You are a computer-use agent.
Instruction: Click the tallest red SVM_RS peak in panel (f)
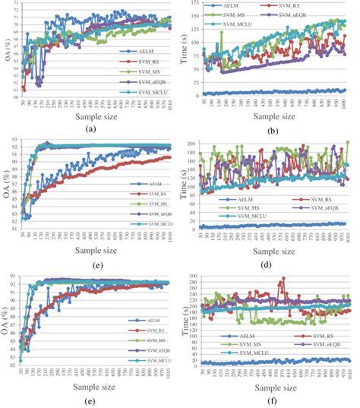point(283,279)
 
